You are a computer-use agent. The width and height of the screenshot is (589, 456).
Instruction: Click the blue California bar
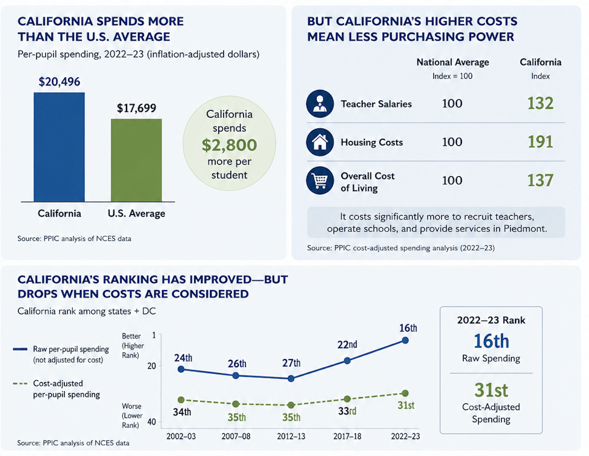coord(59,147)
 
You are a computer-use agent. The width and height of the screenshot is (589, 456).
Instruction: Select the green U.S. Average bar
coord(136,160)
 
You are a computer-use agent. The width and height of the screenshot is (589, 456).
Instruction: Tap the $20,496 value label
coord(59,82)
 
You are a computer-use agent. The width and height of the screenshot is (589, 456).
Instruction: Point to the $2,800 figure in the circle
coord(229,145)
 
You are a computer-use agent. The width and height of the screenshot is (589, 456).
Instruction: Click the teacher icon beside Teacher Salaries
coord(320,103)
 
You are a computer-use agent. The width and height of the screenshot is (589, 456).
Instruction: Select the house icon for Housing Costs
coord(320,142)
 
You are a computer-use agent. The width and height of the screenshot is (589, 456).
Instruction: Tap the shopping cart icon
coord(320,180)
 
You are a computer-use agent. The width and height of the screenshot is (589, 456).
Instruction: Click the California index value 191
coord(540,142)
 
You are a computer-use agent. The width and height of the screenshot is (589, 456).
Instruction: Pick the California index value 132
coord(540,103)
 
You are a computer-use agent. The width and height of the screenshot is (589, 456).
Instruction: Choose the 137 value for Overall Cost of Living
coord(540,180)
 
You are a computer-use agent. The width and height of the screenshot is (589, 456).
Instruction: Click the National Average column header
coord(453,62)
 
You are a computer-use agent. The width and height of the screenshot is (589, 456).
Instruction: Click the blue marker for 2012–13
coord(291,379)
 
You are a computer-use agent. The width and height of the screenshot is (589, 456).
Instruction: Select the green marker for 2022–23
coord(405,393)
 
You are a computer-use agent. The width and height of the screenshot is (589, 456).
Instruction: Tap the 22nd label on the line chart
coord(347,344)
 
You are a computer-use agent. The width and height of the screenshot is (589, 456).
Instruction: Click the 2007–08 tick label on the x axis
coord(236,436)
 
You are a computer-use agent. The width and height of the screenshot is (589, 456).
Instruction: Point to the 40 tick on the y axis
coord(152,422)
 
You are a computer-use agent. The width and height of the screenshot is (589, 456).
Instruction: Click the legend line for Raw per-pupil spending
coord(20,349)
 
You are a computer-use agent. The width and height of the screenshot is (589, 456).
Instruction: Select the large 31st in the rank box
coord(491,390)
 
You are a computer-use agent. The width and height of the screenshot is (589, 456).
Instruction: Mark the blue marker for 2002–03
coord(181,369)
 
